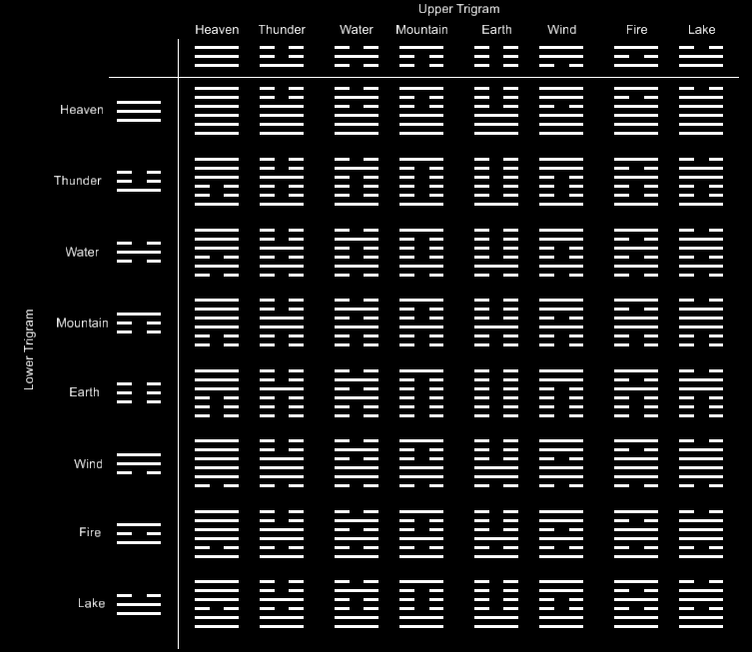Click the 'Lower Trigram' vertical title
click(x=29, y=348)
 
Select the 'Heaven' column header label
click(x=217, y=30)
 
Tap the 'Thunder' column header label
click(x=282, y=30)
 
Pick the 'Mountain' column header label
click(x=421, y=30)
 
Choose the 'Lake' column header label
click(x=701, y=30)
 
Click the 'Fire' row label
click(x=90, y=533)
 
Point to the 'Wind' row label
click(x=88, y=464)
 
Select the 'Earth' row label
click(x=85, y=392)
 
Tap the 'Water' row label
click(x=82, y=252)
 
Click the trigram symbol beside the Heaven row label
click(x=139, y=110)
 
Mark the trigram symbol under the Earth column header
click(x=496, y=55)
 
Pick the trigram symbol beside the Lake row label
click(x=139, y=604)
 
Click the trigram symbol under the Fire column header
click(x=636, y=55)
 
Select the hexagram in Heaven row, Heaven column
click(x=217, y=110)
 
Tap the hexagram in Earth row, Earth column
click(x=496, y=392)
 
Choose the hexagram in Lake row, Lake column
click(x=701, y=604)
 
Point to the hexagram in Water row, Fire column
click(x=636, y=252)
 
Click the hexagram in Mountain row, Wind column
click(x=561, y=323)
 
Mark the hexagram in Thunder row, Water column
click(x=357, y=181)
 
